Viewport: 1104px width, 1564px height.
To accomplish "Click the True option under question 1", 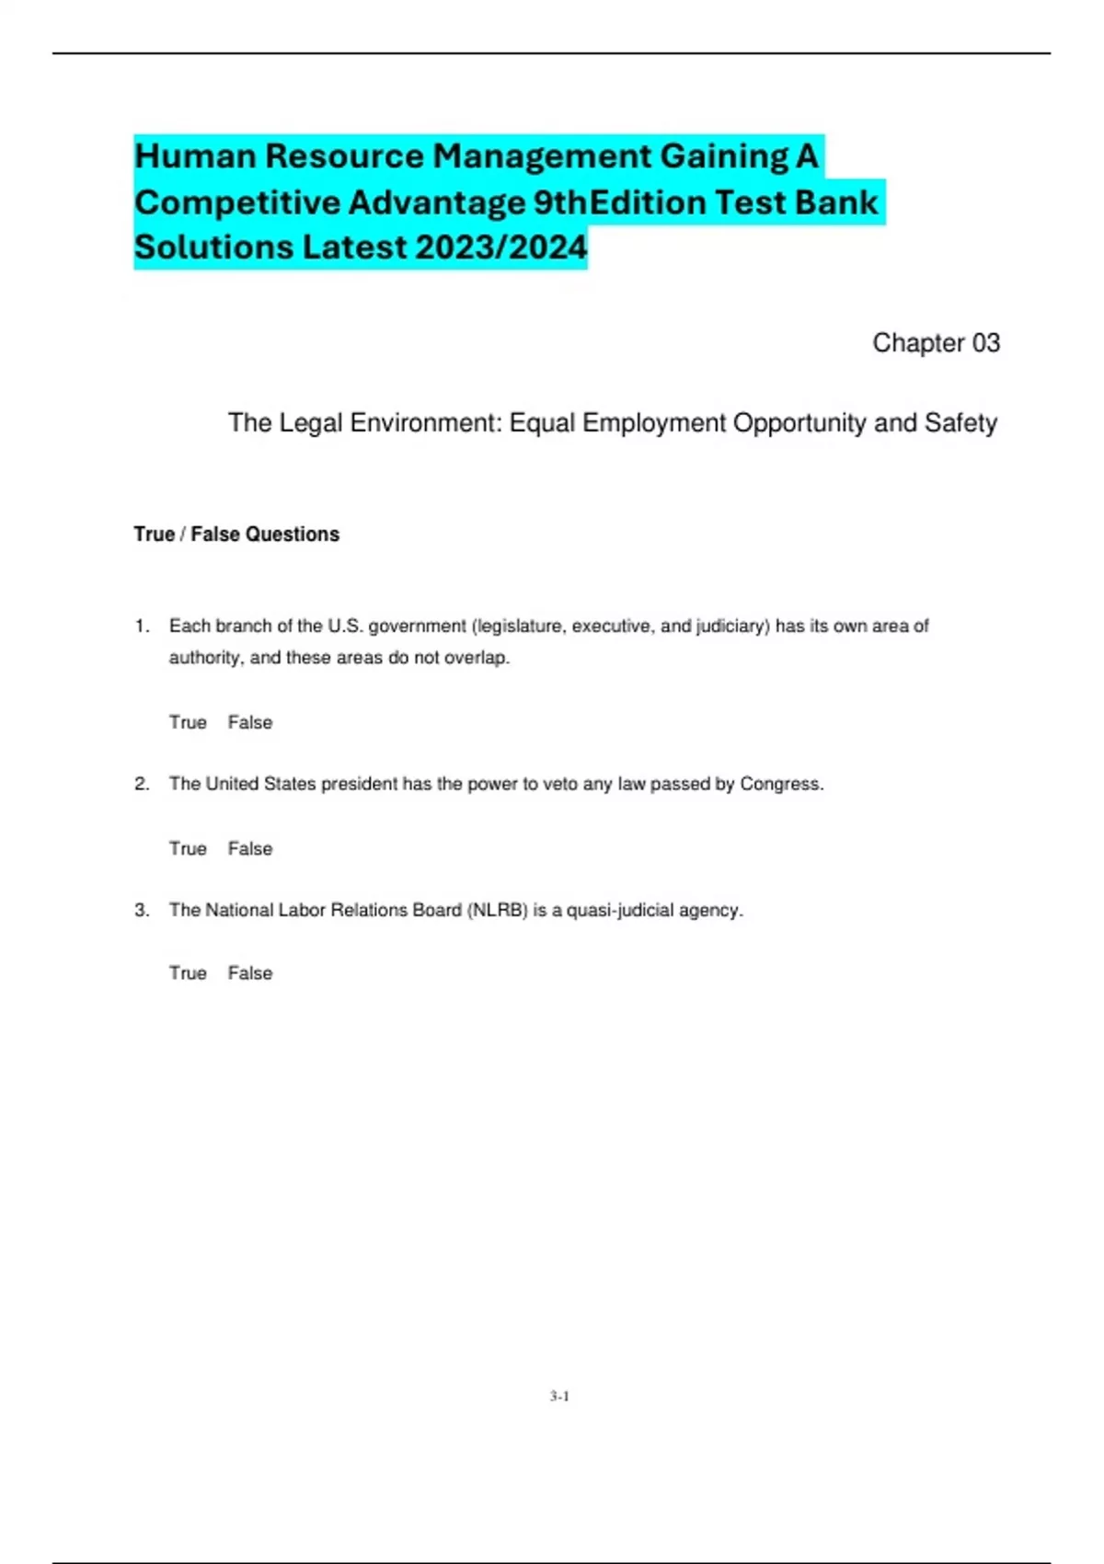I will coord(188,722).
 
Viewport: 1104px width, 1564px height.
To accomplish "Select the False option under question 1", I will coord(250,722).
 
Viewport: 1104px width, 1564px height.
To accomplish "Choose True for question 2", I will coord(188,848).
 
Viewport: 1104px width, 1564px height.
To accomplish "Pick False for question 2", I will coord(250,848).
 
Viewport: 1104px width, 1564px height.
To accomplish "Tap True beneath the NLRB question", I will coord(188,972).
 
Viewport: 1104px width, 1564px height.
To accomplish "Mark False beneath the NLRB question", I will coord(250,972).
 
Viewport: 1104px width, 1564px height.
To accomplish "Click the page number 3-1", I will coord(559,1396).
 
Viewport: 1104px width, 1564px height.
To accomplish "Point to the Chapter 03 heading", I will coord(936,343).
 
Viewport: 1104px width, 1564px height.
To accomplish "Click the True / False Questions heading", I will coord(236,535).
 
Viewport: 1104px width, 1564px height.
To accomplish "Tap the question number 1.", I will coord(142,627).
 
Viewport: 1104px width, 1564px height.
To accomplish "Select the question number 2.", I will coord(142,784).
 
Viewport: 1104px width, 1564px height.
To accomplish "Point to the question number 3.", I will coord(142,910).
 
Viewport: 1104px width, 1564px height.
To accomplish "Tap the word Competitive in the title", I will coord(237,202).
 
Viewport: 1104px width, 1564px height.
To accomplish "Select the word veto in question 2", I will coord(560,784).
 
